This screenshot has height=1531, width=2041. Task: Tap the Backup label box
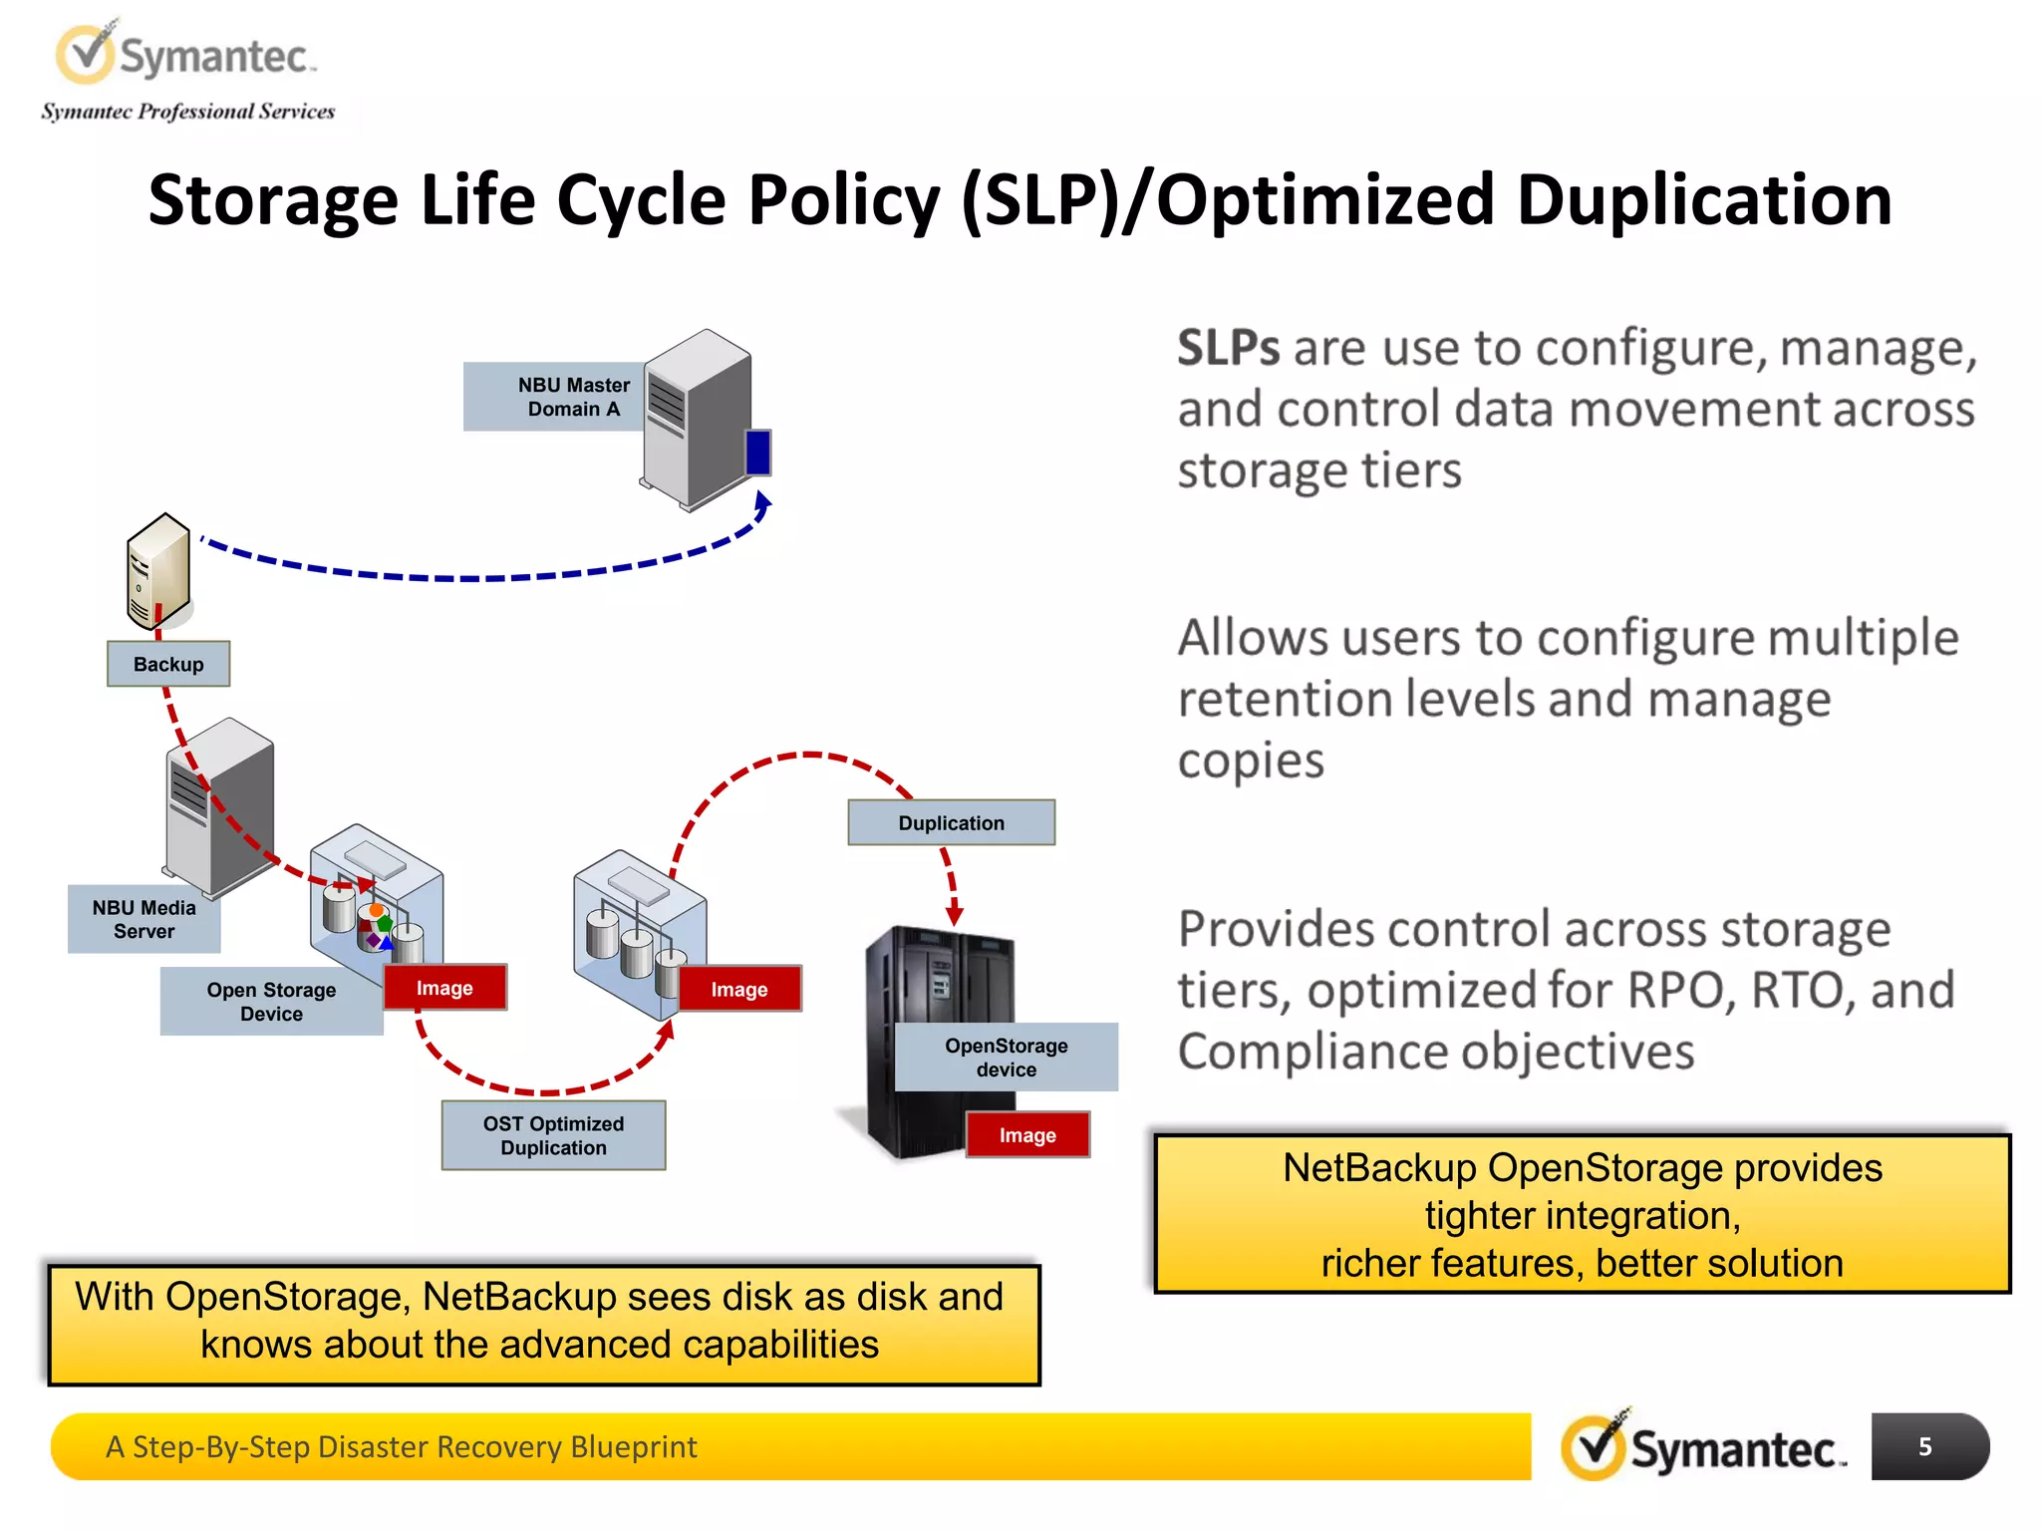168,664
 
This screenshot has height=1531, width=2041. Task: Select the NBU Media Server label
144,919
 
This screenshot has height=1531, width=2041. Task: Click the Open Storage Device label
271,1002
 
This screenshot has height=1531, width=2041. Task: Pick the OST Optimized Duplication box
553,1135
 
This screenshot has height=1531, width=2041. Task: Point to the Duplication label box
951,823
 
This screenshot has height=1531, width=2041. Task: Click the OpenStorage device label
1006,1058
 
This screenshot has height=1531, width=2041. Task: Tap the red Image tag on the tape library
1027,1135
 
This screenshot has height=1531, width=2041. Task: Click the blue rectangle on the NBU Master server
758,453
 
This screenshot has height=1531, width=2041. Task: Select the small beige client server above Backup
157,570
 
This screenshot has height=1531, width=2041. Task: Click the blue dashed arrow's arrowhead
762,504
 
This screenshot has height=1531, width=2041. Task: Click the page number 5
1924,1446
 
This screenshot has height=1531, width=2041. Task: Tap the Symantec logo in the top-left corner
184,55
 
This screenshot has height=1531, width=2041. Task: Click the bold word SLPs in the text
1228,349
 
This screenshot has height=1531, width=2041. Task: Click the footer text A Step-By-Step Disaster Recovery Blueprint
401,1446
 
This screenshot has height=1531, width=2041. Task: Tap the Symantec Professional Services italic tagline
187,112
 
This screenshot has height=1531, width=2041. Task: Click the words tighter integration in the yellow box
1582,1216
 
